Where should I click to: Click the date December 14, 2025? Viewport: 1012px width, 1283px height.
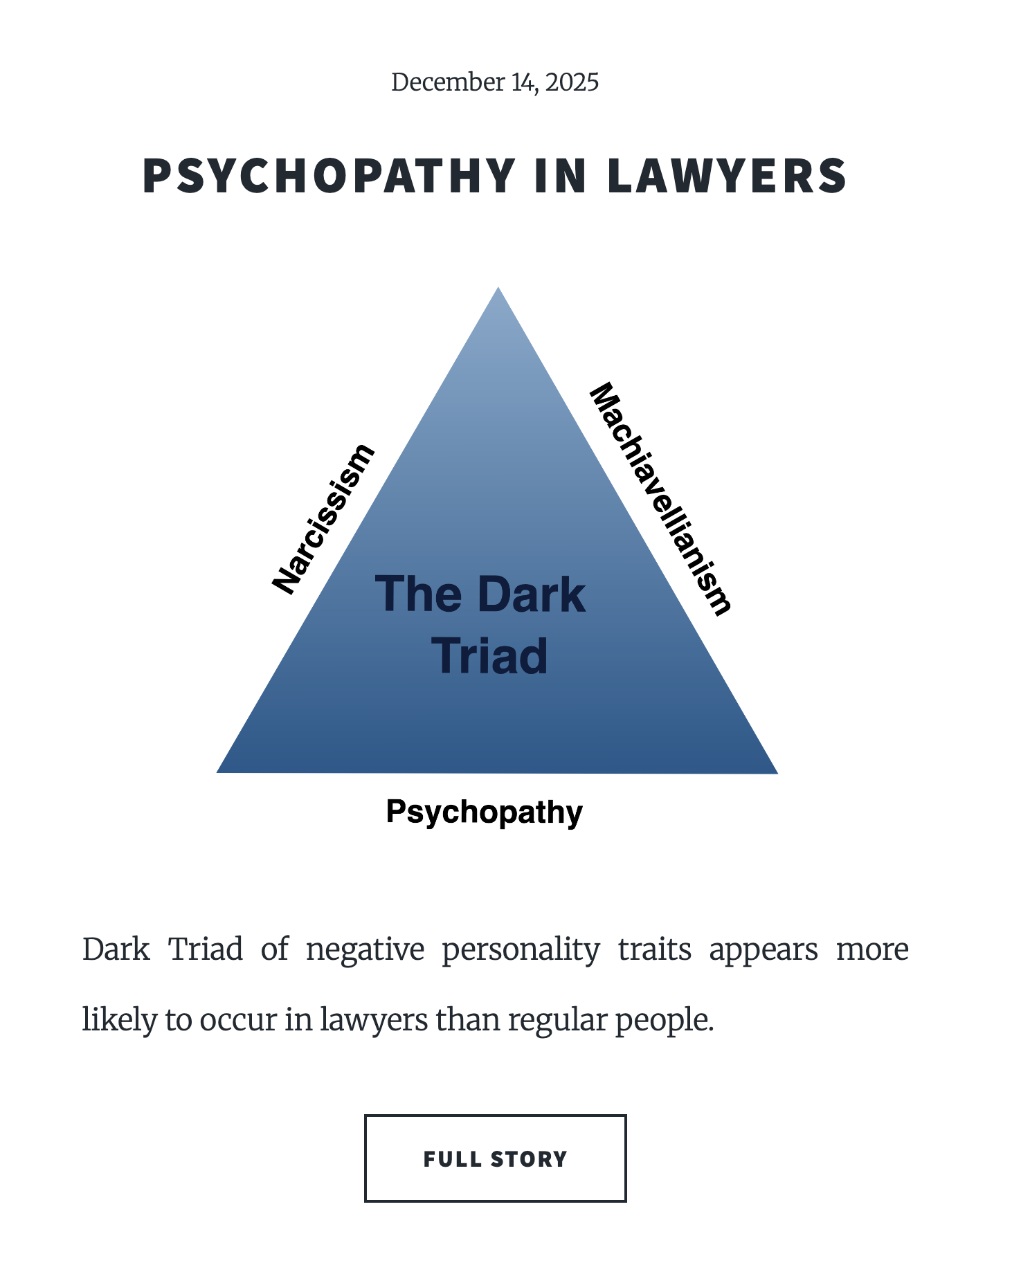click(x=494, y=82)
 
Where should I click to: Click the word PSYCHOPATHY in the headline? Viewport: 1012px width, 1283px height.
click(x=329, y=176)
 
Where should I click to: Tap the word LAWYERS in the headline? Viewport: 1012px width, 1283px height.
click(x=727, y=176)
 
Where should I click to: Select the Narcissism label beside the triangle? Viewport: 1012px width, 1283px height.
click(x=323, y=519)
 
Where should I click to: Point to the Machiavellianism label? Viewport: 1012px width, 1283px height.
click(x=660, y=498)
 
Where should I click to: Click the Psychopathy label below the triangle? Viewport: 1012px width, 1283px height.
click(x=484, y=812)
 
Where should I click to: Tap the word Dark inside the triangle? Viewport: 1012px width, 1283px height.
click(x=531, y=595)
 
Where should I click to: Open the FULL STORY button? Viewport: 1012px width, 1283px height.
click(x=495, y=1158)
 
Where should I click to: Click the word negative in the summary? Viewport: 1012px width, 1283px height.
click(x=365, y=949)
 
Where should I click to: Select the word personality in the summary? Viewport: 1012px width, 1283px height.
click(x=521, y=949)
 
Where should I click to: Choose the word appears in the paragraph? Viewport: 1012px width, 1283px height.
click(x=763, y=949)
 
